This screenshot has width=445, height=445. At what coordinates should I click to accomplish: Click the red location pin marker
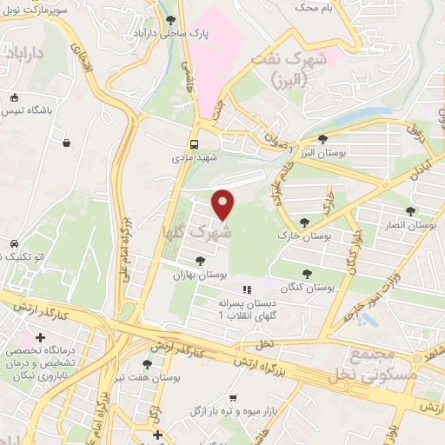point(224,205)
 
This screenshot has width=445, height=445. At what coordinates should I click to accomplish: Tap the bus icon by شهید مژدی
point(196,145)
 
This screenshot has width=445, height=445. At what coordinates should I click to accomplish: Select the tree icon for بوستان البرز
point(322,139)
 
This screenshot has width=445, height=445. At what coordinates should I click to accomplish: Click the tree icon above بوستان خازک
point(304,223)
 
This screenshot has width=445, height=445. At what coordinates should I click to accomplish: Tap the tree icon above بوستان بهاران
point(200,260)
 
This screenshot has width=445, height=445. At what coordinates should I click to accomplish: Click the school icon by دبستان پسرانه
point(246,289)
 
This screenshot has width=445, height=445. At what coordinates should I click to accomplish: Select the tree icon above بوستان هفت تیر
point(146,365)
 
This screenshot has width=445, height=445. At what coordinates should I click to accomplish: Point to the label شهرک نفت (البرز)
point(287,70)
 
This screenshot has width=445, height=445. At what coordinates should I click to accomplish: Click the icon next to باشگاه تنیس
point(16,97)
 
